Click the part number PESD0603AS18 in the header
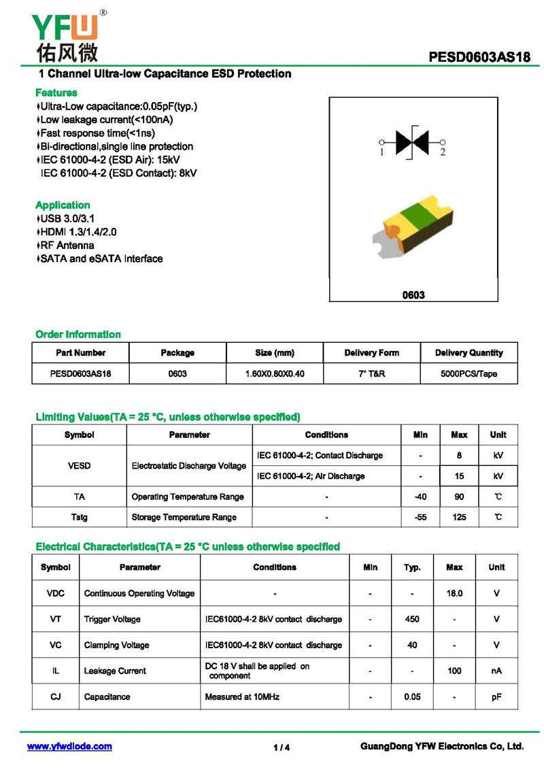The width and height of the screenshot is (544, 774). pyautogui.click(x=479, y=58)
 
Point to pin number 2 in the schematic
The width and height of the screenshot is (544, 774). pyautogui.click(x=442, y=152)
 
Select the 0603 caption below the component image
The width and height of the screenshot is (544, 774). pyautogui.click(x=413, y=295)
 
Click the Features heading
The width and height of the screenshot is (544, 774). pyautogui.click(x=56, y=92)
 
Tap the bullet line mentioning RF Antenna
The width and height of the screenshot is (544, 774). pyautogui.click(x=67, y=245)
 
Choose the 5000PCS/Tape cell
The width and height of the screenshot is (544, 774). pyautogui.click(x=469, y=373)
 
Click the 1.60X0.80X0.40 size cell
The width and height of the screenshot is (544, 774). pyautogui.click(x=275, y=373)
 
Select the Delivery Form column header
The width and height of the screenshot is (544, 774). pyautogui.click(x=371, y=352)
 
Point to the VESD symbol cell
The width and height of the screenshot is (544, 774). pyautogui.click(x=80, y=466)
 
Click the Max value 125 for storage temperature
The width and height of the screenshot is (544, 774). pyautogui.click(x=459, y=517)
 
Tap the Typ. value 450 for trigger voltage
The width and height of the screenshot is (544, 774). pyautogui.click(x=412, y=619)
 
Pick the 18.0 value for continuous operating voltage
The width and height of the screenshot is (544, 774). pyautogui.click(x=454, y=593)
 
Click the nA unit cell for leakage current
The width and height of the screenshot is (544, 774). pyautogui.click(x=496, y=671)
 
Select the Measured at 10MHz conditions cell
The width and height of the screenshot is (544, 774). pyautogui.click(x=242, y=696)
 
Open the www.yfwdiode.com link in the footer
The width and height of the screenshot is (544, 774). pyautogui.click(x=69, y=746)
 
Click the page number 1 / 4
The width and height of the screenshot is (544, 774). pyautogui.click(x=282, y=747)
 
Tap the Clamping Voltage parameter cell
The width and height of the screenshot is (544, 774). pyautogui.click(x=116, y=645)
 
